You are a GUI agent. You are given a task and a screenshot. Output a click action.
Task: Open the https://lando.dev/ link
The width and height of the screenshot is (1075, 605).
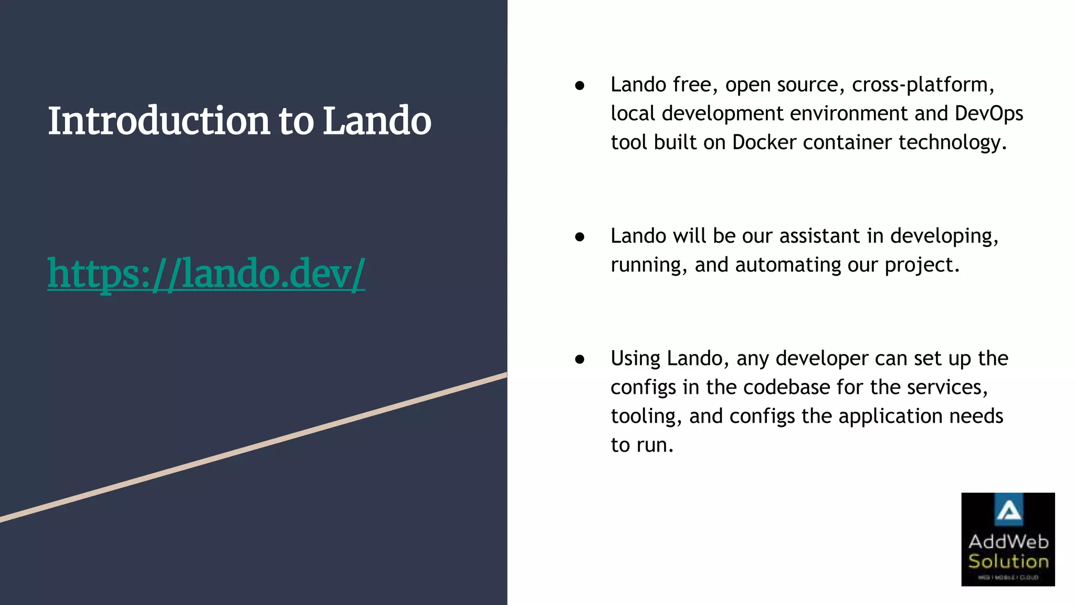click(x=206, y=273)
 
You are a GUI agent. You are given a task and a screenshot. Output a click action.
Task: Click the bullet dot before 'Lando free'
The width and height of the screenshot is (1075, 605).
click(x=579, y=86)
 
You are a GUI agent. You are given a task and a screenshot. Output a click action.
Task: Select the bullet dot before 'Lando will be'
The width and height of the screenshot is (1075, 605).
click(x=579, y=237)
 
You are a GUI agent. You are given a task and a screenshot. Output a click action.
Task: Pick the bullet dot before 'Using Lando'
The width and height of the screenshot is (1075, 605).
click(x=579, y=359)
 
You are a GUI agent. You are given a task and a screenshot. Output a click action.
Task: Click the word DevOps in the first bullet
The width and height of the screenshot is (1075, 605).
click(x=989, y=113)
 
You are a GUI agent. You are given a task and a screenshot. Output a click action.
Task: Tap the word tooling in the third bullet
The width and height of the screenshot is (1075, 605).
click(x=643, y=416)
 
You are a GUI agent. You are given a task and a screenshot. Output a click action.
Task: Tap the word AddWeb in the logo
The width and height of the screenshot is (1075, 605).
click(x=1008, y=541)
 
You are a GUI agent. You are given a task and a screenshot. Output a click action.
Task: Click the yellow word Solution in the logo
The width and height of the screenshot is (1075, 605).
click(x=1008, y=561)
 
